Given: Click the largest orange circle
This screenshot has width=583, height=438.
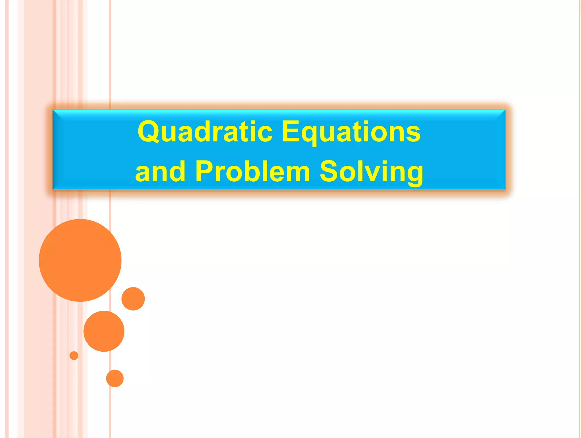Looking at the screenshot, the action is [80, 260].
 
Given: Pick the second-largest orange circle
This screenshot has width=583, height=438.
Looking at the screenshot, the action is [104, 331].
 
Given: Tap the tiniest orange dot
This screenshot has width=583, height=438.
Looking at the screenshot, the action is [74, 356].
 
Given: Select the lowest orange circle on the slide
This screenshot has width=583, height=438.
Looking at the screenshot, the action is [115, 378].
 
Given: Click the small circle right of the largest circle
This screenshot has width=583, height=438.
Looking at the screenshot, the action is [133, 299].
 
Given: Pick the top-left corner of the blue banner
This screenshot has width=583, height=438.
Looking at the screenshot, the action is [54, 110].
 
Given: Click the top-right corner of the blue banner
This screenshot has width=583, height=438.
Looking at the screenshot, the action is [505, 110].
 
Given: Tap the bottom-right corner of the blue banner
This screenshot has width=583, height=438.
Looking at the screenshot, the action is [505, 189].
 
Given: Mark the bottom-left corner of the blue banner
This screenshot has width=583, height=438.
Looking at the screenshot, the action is [54, 189].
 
